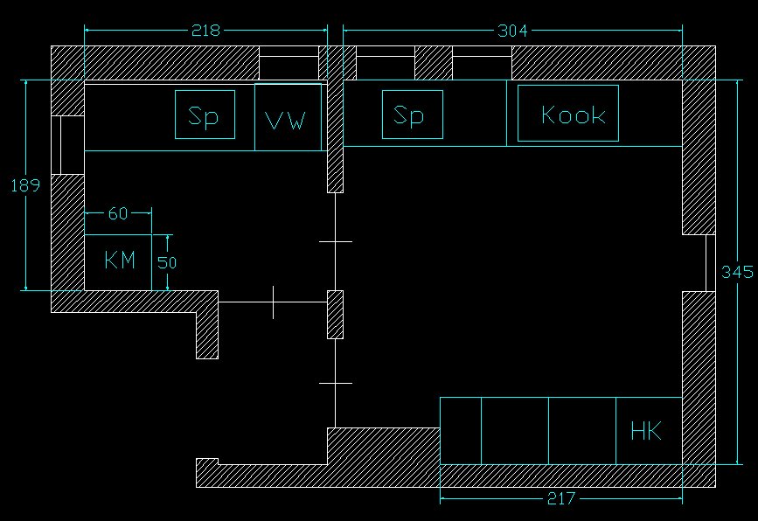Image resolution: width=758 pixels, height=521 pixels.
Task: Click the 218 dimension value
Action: tap(205, 31)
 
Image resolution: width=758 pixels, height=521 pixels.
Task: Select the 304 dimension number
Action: tap(512, 31)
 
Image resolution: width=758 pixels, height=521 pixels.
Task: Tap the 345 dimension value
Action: tap(737, 272)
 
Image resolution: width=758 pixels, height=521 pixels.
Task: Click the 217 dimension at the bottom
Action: tap(560, 499)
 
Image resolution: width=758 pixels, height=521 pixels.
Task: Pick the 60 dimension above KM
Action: tap(118, 213)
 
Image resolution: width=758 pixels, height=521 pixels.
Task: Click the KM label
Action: tap(120, 260)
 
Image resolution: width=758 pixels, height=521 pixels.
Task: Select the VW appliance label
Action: tap(286, 120)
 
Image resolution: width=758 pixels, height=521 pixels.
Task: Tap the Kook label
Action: tap(573, 115)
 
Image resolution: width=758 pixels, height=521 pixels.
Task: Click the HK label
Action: tap(645, 430)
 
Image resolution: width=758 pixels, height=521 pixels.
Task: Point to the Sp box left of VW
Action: tap(205, 115)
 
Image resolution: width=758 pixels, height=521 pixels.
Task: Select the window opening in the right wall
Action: tap(710, 262)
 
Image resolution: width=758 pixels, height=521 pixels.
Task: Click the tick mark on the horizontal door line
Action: tap(273, 302)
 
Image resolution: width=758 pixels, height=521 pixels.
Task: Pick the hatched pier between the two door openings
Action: tap(336, 315)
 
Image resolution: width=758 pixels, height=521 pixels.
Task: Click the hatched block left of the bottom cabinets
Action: tap(383, 445)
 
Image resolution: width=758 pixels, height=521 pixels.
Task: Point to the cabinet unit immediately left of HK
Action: tap(582, 430)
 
